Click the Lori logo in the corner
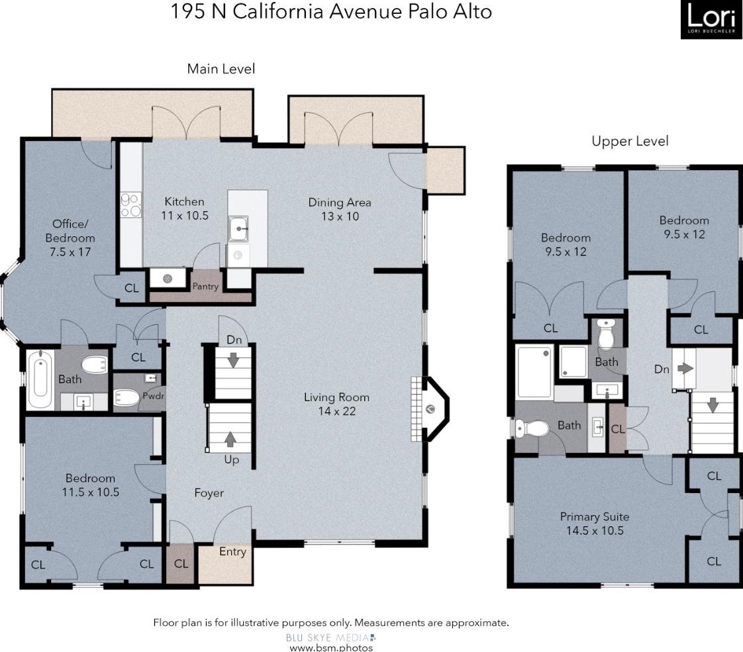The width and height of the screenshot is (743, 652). click(x=711, y=19)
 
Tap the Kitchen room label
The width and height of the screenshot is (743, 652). click(x=184, y=202)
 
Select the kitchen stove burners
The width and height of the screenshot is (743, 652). click(x=130, y=205)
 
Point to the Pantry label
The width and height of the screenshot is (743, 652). click(x=205, y=286)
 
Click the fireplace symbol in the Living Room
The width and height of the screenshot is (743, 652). click(x=430, y=408)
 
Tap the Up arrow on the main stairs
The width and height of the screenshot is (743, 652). click(x=230, y=439)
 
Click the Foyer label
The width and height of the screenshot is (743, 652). click(x=209, y=493)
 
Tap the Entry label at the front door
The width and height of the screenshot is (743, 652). click(x=232, y=551)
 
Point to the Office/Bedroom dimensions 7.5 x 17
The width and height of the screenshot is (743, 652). click(x=70, y=252)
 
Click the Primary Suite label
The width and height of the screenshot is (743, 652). click(x=595, y=516)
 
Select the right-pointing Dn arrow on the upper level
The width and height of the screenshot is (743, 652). click(x=685, y=368)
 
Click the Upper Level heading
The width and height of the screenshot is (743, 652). click(x=630, y=141)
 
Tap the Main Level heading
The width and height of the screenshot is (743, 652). click(x=221, y=69)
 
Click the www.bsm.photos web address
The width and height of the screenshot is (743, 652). click(x=330, y=647)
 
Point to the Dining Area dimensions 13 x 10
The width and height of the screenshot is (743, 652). click(x=340, y=216)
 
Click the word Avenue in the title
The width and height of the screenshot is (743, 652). click(x=364, y=11)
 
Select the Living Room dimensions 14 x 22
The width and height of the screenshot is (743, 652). click(x=337, y=411)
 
